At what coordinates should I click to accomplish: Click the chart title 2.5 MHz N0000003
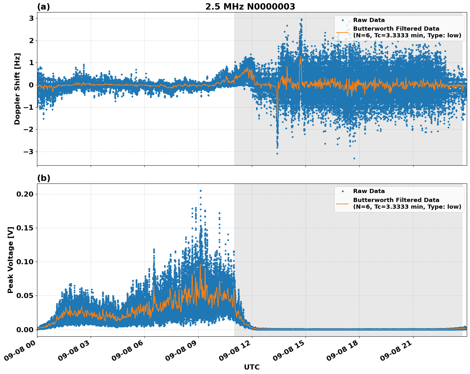point(250,7)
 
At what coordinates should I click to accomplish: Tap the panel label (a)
point(43,7)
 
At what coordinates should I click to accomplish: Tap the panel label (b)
point(43,178)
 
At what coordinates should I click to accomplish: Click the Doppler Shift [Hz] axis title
point(17,89)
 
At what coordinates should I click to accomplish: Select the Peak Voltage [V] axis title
point(11,260)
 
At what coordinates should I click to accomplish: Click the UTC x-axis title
point(252,367)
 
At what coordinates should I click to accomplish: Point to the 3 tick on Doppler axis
point(31,18)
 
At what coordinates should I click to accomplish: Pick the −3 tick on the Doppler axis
point(29,152)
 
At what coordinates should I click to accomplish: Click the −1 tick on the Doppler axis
point(29,107)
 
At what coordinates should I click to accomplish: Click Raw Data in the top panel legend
point(369,20)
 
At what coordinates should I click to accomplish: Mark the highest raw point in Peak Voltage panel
point(201,191)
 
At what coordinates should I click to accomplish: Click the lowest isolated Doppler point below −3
point(354,158)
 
